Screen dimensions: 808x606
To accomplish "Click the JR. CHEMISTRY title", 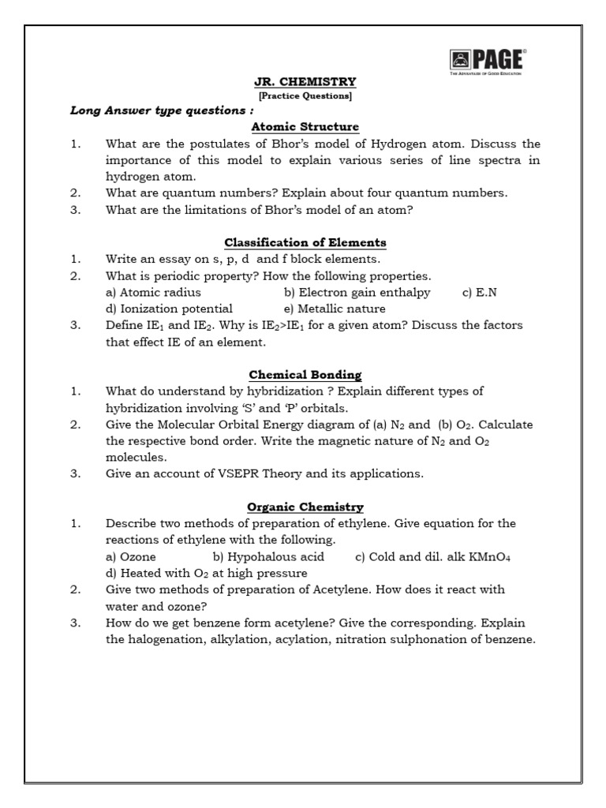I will [x=305, y=81].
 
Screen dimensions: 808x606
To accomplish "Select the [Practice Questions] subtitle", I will [x=305, y=96].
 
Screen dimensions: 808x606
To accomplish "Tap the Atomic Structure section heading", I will [x=305, y=126].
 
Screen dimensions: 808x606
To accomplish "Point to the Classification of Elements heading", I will [x=305, y=242].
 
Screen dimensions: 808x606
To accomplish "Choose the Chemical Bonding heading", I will [x=305, y=375].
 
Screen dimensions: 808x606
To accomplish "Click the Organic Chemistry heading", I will [x=305, y=507].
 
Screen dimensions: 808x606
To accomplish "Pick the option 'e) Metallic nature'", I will [x=335, y=309].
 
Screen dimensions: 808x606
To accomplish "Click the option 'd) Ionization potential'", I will [x=168, y=309].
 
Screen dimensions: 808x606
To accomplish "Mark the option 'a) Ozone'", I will [x=130, y=556].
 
